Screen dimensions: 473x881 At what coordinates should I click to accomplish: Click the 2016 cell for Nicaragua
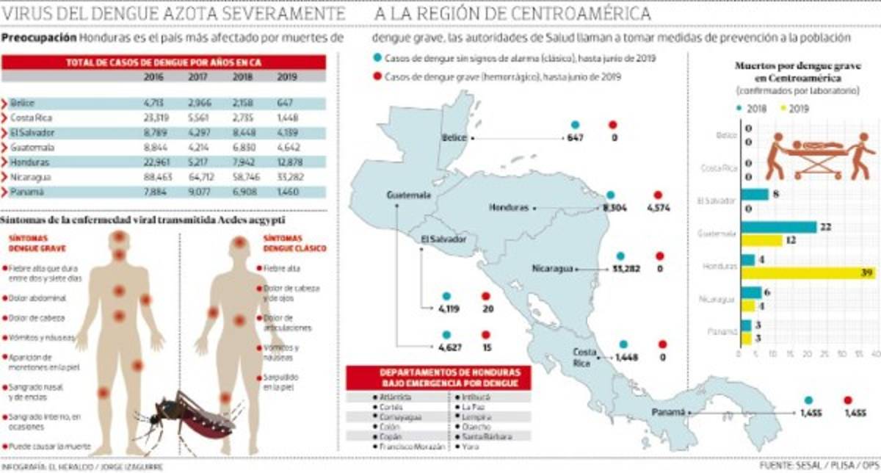click(153, 177)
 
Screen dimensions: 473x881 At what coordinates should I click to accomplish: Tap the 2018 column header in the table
click(242, 76)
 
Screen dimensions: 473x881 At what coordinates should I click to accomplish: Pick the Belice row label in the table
click(23, 104)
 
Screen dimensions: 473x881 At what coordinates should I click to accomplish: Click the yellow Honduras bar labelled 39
click(807, 272)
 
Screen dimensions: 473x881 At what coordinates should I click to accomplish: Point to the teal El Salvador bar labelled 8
click(755, 195)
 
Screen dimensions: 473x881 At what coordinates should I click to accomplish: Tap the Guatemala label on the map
click(409, 195)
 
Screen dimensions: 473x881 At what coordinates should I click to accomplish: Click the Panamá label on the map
click(668, 414)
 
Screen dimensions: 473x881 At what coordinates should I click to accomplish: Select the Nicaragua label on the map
click(553, 269)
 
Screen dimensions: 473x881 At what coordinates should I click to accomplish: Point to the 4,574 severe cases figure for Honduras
click(659, 208)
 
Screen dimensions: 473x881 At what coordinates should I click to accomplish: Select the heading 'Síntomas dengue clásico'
click(284, 244)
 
